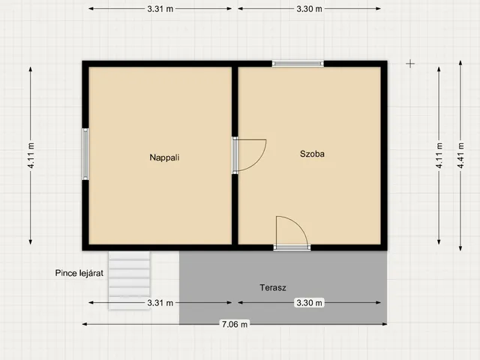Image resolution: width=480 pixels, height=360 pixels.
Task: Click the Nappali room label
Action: click(x=164, y=157)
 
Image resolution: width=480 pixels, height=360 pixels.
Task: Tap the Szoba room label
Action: click(x=312, y=154)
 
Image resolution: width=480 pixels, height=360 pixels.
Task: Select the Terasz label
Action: click(x=273, y=288)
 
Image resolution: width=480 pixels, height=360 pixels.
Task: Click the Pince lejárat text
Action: click(x=79, y=273)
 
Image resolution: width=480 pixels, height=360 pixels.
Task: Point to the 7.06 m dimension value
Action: click(x=235, y=324)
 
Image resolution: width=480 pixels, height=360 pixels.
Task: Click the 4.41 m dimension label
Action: click(x=460, y=155)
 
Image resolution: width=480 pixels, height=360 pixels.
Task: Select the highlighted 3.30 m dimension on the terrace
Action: click(x=309, y=303)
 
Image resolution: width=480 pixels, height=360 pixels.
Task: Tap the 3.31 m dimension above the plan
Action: click(x=160, y=9)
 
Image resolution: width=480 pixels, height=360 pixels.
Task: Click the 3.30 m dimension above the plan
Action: click(x=309, y=9)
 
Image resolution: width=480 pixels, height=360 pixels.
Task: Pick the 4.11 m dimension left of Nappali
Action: click(x=31, y=155)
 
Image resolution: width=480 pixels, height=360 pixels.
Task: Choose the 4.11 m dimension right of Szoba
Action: click(x=439, y=155)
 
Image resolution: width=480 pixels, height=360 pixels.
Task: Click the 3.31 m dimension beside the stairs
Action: click(x=160, y=303)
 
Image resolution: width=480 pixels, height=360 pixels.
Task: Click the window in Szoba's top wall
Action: click(x=298, y=64)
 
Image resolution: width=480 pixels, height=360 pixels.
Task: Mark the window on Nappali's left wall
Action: click(x=85, y=154)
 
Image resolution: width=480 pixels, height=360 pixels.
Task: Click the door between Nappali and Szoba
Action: click(x=249, y=155)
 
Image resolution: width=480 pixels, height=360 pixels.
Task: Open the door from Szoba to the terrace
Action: click(x=292, y=233)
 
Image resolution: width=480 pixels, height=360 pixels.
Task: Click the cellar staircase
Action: click(x=129, y=280)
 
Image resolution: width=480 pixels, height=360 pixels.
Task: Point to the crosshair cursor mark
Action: click(x=410, y=64)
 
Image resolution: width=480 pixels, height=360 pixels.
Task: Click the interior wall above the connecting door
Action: click(x=235, y=102)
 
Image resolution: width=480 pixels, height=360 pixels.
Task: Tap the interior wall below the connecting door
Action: click(x=235, y=209)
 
